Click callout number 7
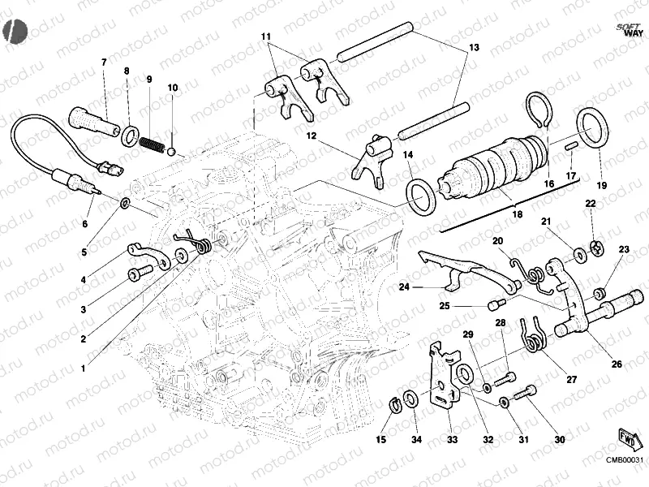click(x=103, y=62)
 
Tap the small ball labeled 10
click(x=172, y=149)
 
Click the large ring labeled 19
click(x=592, y=130)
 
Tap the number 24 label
click(x=403, y=287)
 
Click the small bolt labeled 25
click(x=493, y=305)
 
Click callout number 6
click(x=84, y=223)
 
